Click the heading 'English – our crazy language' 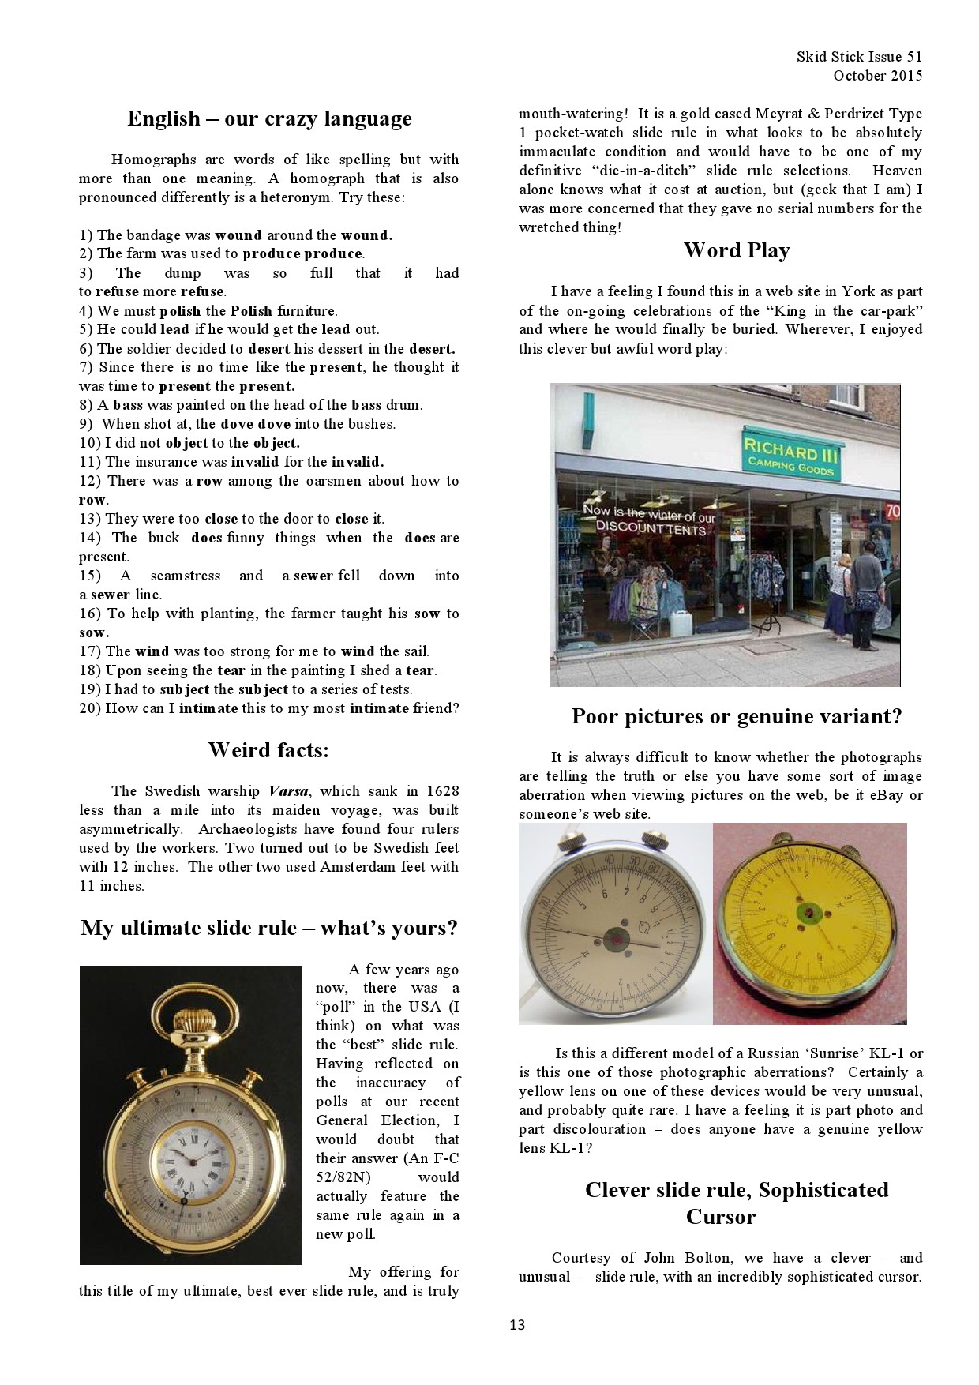[x=269, y=119]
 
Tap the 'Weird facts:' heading [x=268, y=750]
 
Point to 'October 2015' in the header [x=877, y=76]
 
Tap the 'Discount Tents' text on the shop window [x=650, y=527]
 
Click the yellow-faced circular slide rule [x=810, y=923]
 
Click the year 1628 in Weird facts [x=442, y=791]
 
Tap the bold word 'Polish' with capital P [x=251, y=311]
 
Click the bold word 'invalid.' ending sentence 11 [x=357, y=463]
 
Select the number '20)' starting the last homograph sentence [x=89, y=708]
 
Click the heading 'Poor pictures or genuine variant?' [x=736, y=717]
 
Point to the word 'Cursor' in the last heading [x=720, y=1217]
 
